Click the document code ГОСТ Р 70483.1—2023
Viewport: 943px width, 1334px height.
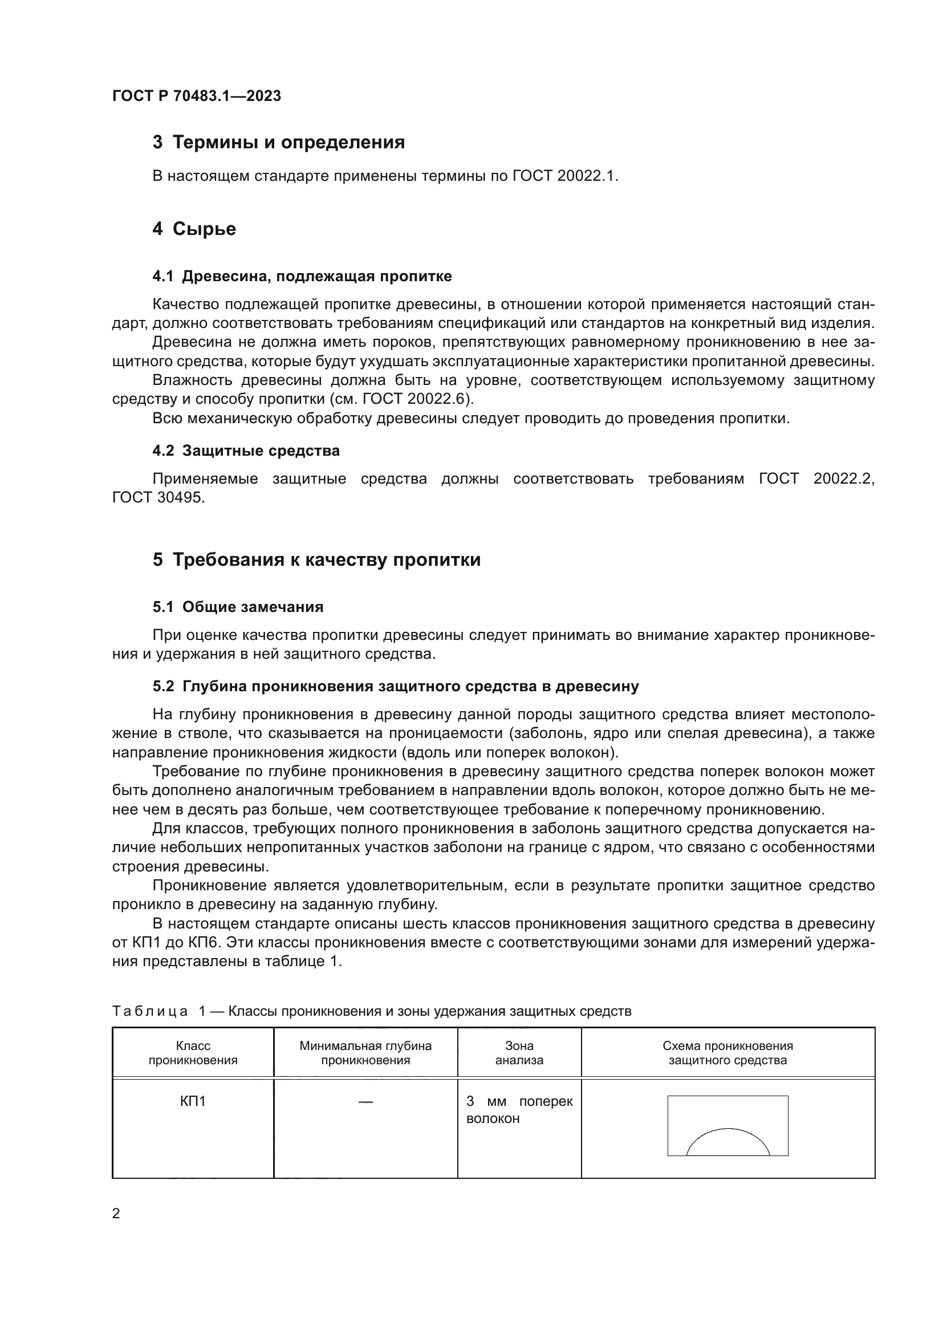[196, 96]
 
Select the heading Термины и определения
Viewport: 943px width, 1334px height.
[288, 143]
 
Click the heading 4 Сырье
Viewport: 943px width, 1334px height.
[194, 229]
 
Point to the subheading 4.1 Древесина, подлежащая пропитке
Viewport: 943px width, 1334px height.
[302, 276]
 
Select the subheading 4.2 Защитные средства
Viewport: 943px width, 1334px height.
[246, 451]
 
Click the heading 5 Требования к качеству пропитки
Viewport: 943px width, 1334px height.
[316, 560]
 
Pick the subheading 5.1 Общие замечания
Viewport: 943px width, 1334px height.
[238, 607]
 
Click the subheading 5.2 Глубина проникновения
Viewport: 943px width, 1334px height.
[396, 686]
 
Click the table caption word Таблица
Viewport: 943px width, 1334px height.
[150, 1011]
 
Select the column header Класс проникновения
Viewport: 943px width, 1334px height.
[193, 1053]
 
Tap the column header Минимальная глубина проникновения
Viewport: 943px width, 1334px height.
[365, 1053]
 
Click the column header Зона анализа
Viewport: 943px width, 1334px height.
[519, 1053]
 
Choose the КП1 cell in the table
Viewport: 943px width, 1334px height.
[193, 1101]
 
